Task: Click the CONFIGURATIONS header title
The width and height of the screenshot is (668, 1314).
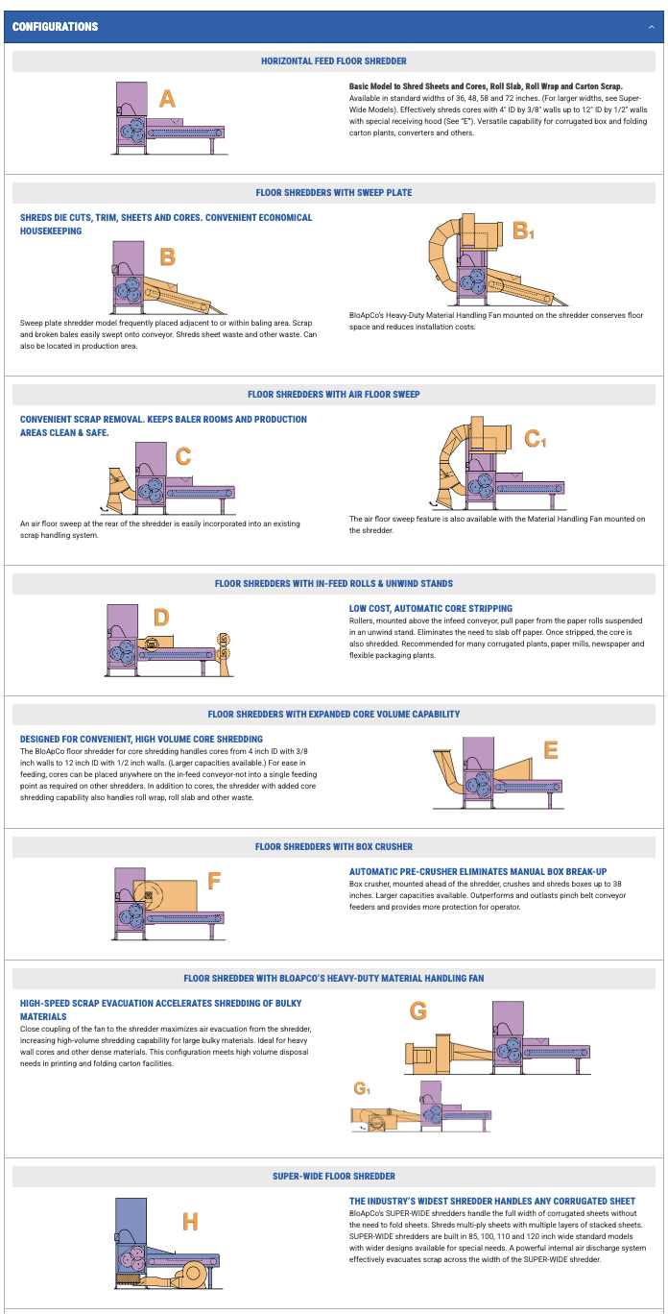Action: click(x=55, y=27)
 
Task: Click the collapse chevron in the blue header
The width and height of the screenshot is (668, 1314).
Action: click(x=651, y=27)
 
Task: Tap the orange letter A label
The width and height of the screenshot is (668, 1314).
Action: click(x=167, y=99)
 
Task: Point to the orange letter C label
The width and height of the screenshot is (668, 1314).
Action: click(x=183, y=456)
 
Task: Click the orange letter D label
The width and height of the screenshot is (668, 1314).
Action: click(x=161, y=617)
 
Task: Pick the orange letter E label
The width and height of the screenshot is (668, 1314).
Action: click(x=550, y=751)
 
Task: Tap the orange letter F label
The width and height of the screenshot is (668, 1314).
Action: click(x=214, y=881)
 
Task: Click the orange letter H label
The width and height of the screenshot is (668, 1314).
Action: click(x=190, y=1221)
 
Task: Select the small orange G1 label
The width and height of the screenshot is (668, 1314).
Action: click(x=361, y=1088)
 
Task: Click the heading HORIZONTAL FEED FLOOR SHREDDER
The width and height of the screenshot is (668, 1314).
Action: click(x=334, y=61)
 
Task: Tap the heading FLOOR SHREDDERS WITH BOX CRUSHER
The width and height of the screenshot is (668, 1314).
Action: click(x=334, y=847)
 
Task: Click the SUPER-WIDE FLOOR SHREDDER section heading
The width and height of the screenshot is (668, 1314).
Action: click(x=334, y=1176)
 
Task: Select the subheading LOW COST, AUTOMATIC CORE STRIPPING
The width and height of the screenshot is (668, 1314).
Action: click(x=431, y=608)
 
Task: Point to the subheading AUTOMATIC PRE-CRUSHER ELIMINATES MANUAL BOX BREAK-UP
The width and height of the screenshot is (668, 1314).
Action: click(x=478, y=871)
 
